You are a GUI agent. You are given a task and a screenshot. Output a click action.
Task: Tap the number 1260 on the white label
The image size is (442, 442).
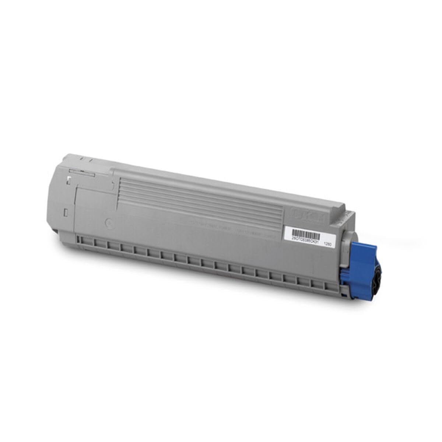326,243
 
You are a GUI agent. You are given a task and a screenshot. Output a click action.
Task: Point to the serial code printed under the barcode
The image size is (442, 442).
304,239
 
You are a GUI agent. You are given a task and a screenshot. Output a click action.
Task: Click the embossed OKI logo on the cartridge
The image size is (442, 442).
308,213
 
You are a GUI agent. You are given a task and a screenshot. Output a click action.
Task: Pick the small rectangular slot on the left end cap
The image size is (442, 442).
66,212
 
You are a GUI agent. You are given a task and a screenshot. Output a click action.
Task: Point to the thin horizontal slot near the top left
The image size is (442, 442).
82,171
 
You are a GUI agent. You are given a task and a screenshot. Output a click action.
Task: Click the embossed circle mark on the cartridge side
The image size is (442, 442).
109,223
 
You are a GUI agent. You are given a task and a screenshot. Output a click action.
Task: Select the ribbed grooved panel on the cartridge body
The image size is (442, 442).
199,201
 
